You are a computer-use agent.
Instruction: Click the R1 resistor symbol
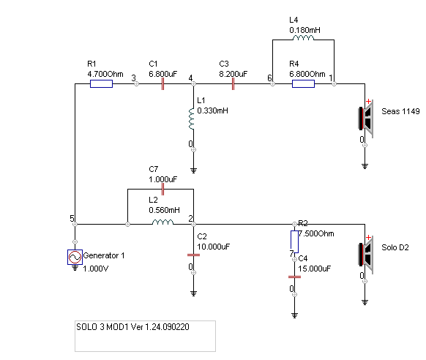101,84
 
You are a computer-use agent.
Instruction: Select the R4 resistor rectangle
303,84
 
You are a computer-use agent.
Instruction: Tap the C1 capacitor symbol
162,84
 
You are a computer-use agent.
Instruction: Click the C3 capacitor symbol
233,84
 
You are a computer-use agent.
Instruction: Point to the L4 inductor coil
303,38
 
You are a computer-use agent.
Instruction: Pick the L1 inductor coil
192,119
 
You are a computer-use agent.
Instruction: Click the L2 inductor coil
162,222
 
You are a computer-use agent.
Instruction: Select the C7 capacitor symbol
162,190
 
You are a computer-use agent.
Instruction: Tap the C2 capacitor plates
193,255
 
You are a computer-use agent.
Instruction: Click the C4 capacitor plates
294,277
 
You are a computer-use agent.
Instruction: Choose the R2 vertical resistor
294,242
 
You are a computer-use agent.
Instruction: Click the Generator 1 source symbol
75,257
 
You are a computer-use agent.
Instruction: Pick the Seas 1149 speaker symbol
366,119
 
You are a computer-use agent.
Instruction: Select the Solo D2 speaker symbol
366,255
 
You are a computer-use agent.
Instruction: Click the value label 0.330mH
213,110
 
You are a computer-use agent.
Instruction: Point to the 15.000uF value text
315,269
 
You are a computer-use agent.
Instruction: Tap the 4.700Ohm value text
105,74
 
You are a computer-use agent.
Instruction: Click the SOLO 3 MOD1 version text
132,327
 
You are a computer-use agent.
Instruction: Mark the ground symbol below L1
193,170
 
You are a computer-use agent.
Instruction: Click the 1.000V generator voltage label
96,269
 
